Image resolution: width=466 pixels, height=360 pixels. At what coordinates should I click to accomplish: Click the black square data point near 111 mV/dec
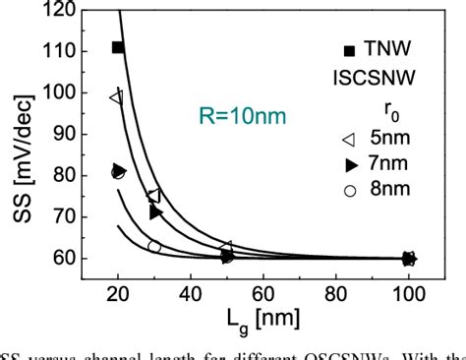118,47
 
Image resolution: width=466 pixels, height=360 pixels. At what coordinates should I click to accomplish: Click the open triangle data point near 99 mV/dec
116,97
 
